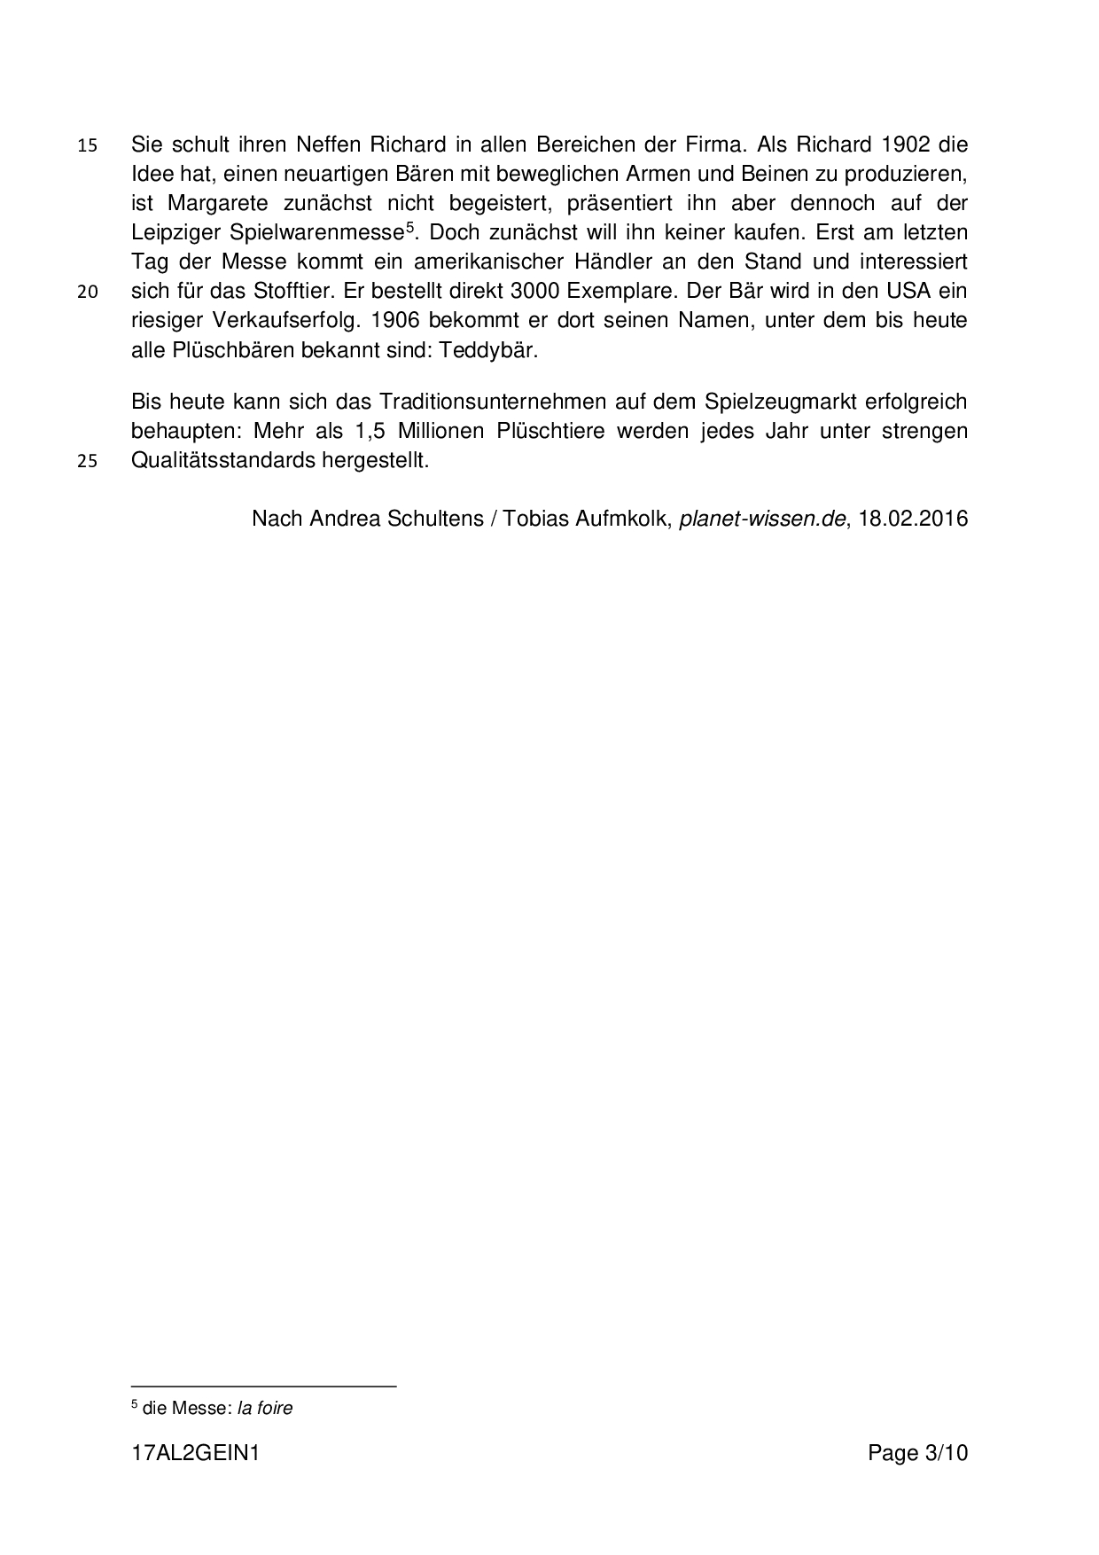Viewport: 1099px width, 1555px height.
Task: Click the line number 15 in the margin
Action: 87,145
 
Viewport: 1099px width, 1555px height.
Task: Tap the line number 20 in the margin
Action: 87,292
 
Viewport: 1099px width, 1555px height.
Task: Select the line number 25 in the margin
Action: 87,462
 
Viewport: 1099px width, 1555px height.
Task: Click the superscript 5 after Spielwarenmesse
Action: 409,227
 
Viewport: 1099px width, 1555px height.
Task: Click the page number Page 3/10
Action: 918,1453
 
